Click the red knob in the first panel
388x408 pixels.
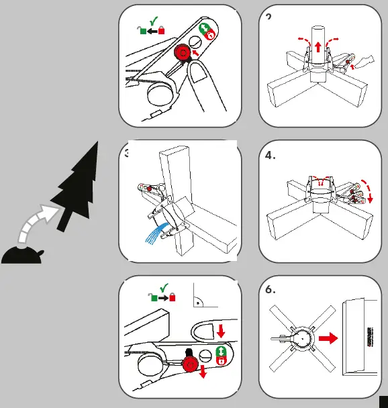point(182,53)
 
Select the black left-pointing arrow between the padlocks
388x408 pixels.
point(151,30)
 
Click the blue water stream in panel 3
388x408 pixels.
point(154,235)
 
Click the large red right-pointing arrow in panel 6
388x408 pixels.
point(328,340)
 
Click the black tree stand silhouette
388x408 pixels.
point(23,256)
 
